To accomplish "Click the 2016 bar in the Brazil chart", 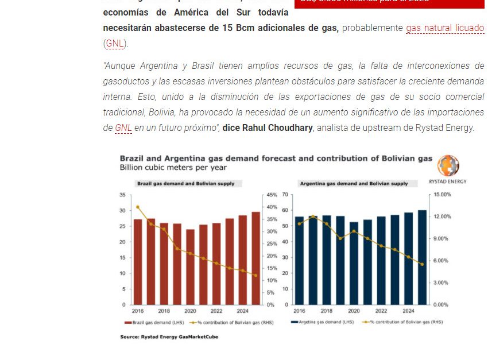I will pyautogui.click(x=138, y=261).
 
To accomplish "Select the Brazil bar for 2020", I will pyautogui.click(x=190, y=266).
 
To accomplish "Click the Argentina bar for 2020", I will pyautogui.click(x=354, y=263).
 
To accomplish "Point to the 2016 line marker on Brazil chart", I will pyautogui.click(x=138, y=207).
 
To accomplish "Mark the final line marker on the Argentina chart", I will pyautogui.click(x=422, y=264).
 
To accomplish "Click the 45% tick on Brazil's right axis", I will pyautogui.click(x=270, y=195).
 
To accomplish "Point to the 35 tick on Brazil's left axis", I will pyautogui.click(x=122, y=195).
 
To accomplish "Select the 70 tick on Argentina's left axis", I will pyautogui.click(x=284, y=195).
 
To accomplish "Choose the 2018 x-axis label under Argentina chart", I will pyautogui.click(x=326, y=311).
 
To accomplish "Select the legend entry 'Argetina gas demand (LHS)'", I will pyautogui.click(x=322, y=323).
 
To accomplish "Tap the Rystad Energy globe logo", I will pyautogui.click(x=448, y=166).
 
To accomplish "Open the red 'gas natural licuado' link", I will pyautogui.click(x=445, y=28).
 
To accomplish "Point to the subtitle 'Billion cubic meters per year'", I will pyautogui.click(x=173, y=168).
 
